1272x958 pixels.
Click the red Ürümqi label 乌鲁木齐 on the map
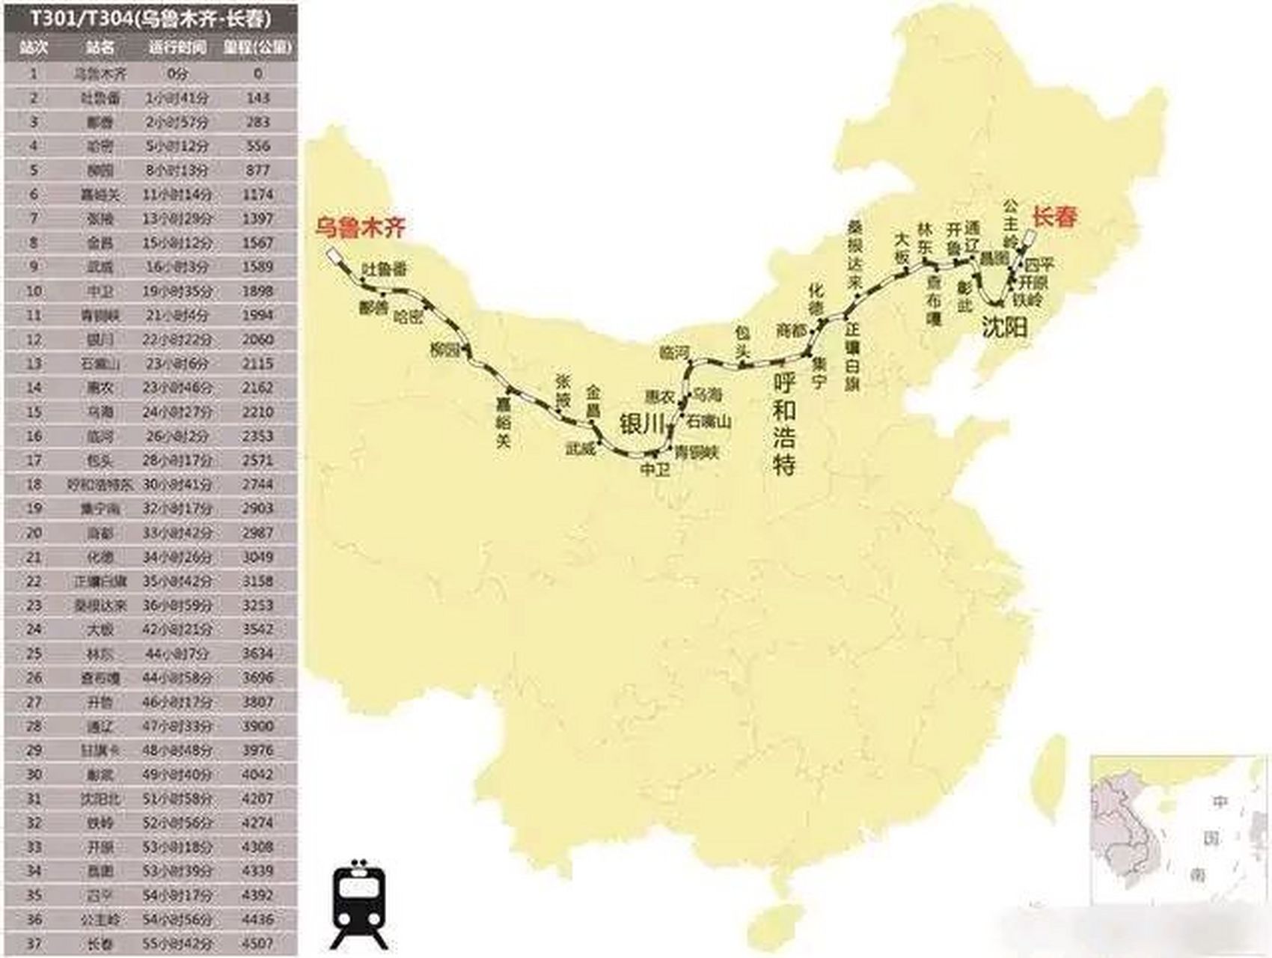tap(360, 226)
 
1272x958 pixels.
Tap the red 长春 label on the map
tap(1055, 217)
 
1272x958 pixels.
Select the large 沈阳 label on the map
tap(1004, 327)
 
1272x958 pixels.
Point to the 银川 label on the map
tap(642, 424)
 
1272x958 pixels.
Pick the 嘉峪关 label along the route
tap(504, 422)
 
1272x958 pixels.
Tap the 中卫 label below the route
tap(655, 469)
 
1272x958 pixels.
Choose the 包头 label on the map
tap(742, 341)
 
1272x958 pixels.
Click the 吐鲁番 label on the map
tap(384, 269)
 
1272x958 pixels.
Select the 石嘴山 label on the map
tap(709, 421)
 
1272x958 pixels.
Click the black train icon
tap(360, 904)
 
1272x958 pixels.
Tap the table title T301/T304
tap(150, 17)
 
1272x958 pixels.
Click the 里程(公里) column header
tap(257, 48)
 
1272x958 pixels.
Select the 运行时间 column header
tap(177, 48)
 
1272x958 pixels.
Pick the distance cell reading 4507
tap(257, 943)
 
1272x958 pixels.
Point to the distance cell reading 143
tap(257, 98)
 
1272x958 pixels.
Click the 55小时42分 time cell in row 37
tap(177, 943)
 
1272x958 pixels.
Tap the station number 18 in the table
tap(34, 484)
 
